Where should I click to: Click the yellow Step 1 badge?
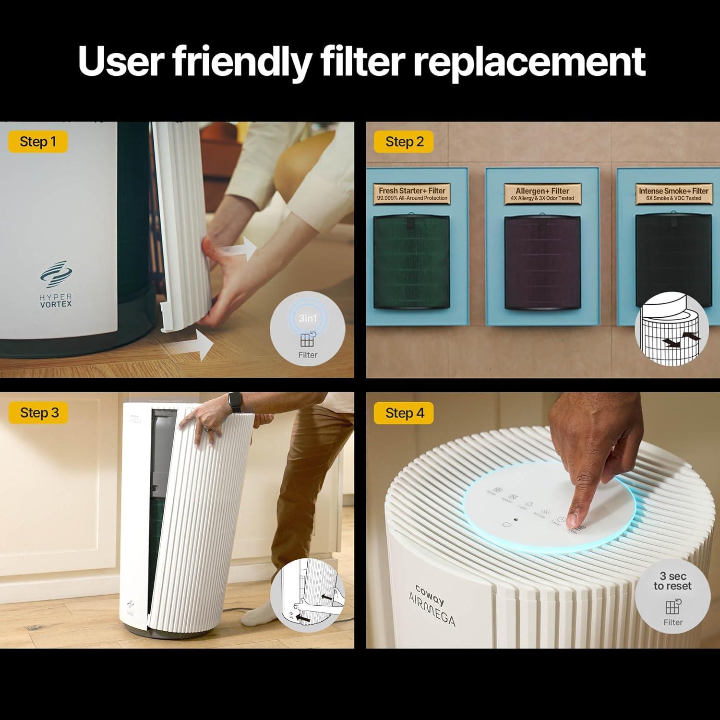(x=38, y=142)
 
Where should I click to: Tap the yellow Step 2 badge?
(x=404, y=142)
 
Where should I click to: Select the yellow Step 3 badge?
(x=39, y=413)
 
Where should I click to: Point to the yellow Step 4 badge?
(x=405, y=413)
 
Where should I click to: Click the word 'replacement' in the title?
(x=529, y=61)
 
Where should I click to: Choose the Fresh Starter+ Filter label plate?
(x=412, y=193)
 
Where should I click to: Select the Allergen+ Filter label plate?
(x=543, y=193)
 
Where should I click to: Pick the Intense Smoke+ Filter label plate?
(x=673, y=193)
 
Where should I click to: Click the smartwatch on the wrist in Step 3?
(x=235, y=402)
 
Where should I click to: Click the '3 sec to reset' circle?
(x=672, y=598)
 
